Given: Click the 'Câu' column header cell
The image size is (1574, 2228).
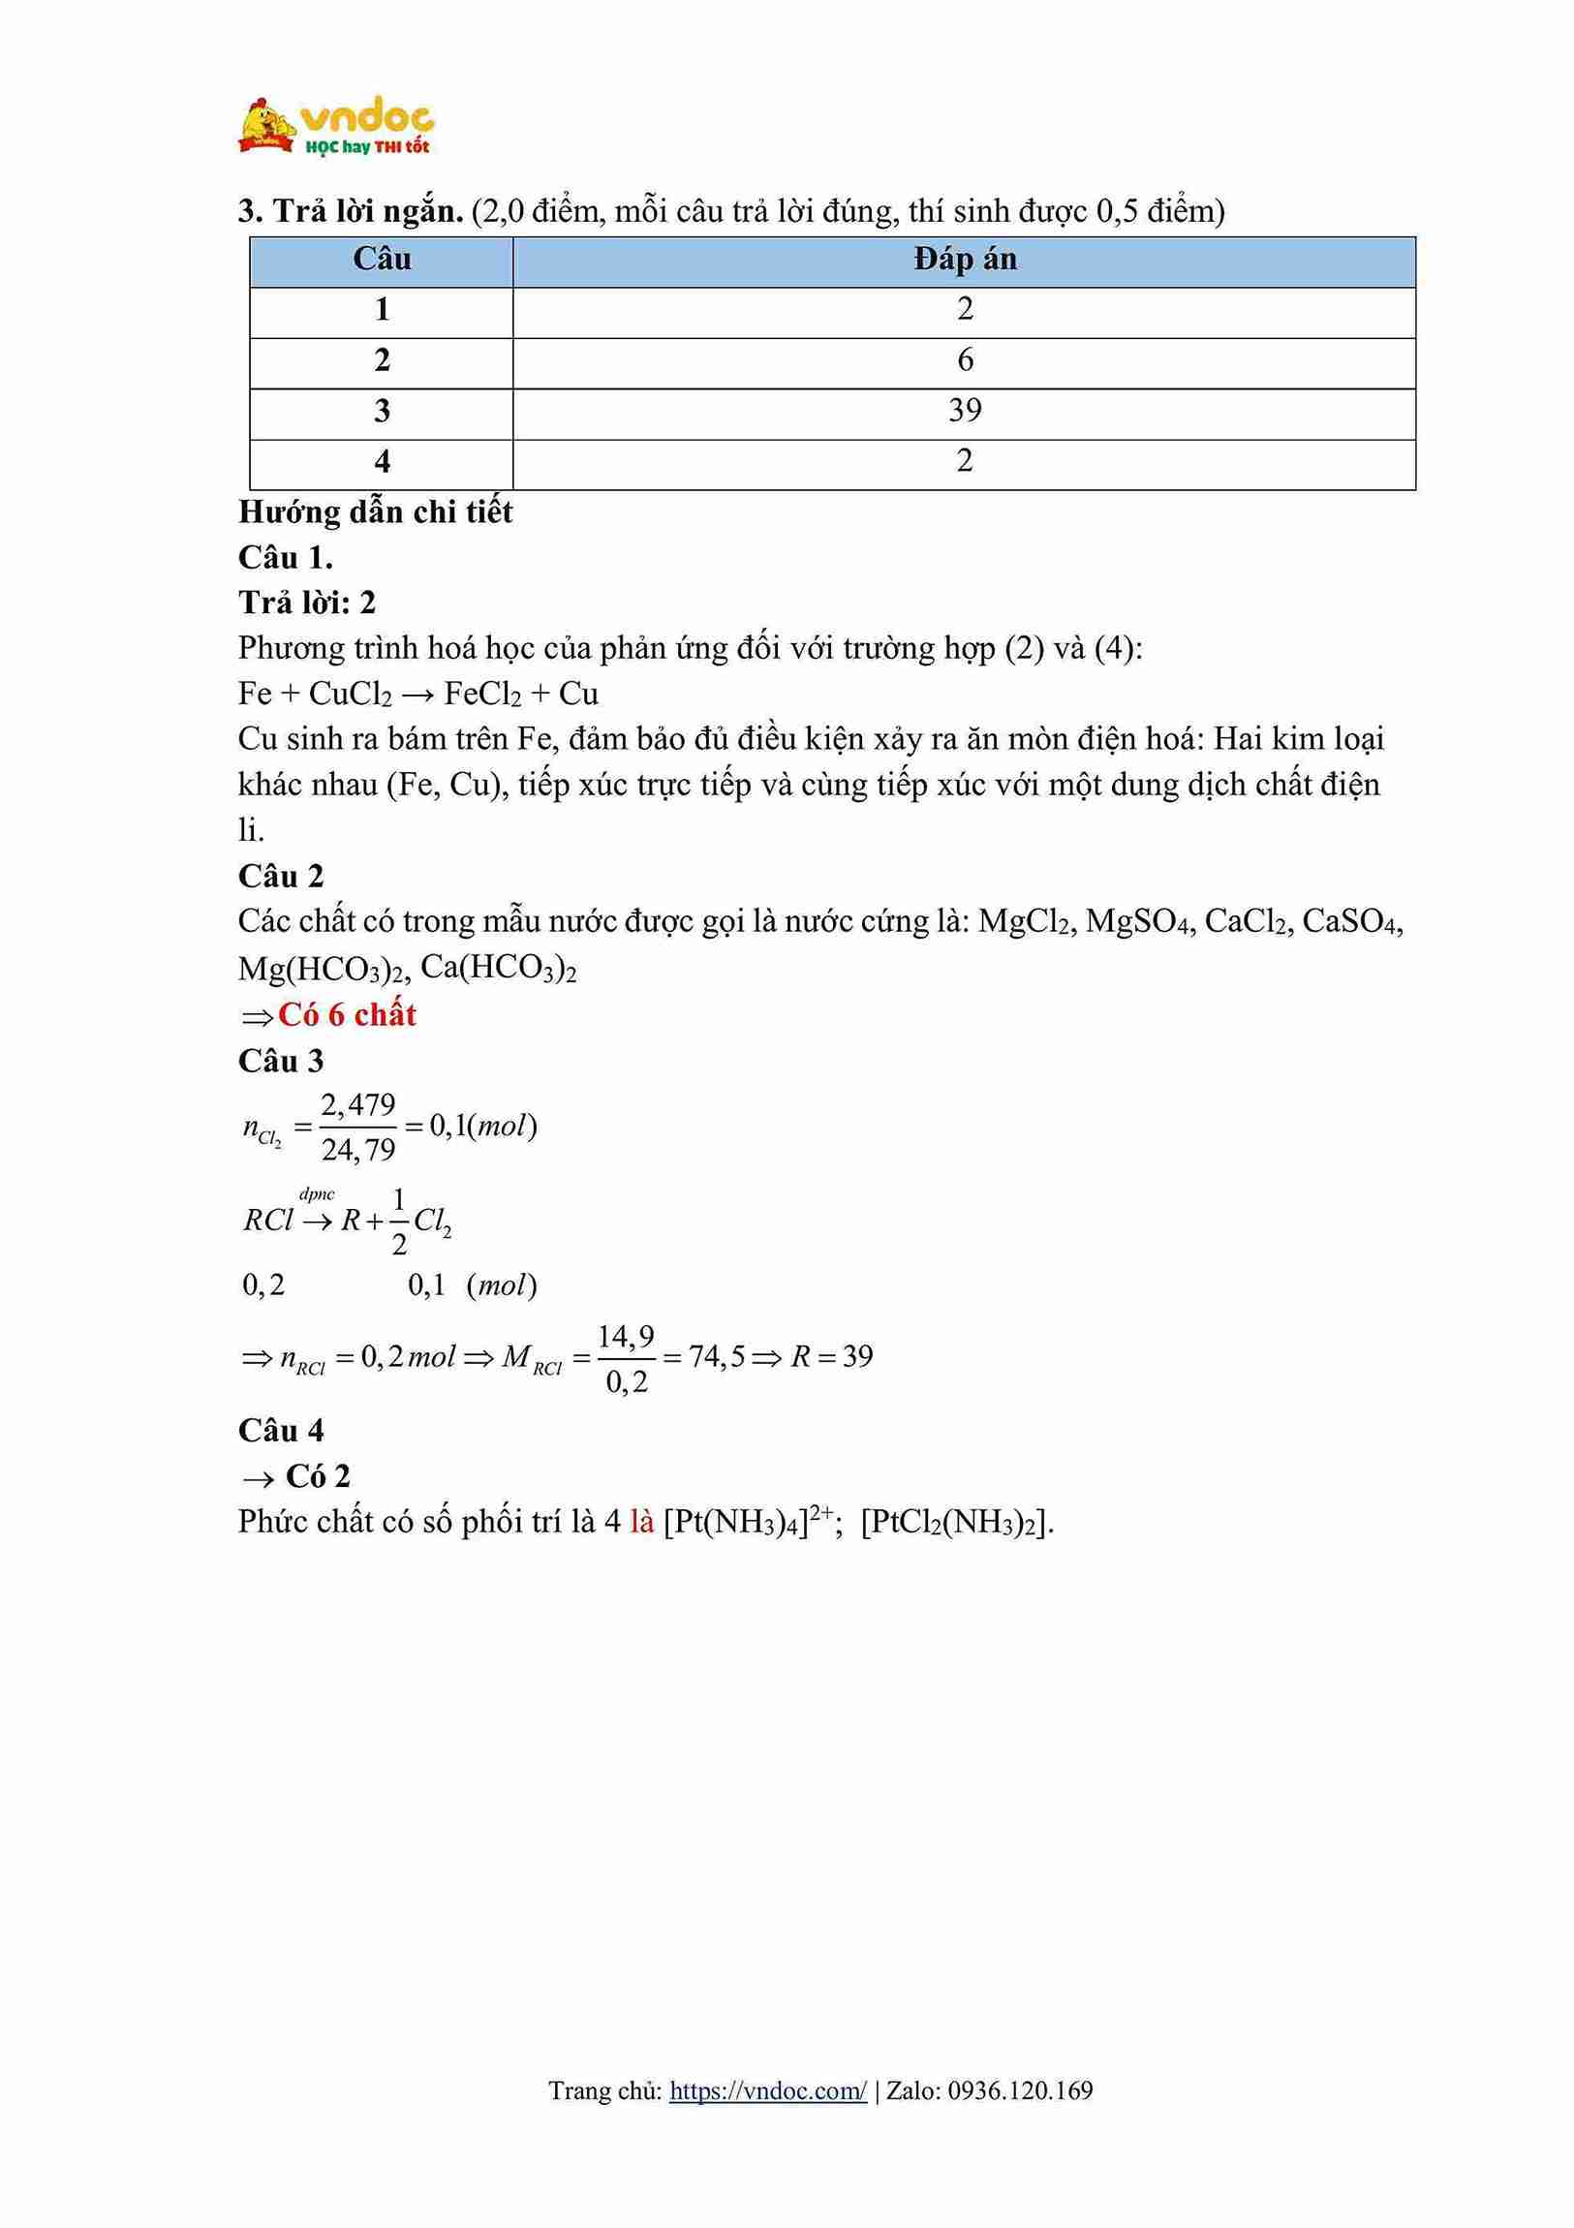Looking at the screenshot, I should tap(382, 260).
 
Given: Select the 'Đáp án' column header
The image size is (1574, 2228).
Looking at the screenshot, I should tap(964, 260).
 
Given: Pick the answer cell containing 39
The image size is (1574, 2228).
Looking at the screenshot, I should tap(964, 411).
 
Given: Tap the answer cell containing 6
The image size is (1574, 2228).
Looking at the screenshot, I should tap(964, 360).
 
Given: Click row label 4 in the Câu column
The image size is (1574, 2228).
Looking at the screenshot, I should tap(382, 461).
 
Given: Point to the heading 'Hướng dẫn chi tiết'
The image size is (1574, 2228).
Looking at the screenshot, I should tap(375, 511).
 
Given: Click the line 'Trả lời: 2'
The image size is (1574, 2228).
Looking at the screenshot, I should tap(307, 603).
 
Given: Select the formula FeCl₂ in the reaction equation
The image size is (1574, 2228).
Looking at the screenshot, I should tap(482, 694).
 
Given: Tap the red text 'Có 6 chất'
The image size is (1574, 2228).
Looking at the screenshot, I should tap(347, 1015).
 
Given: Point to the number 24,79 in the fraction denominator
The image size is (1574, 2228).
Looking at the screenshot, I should tap(358, 1151).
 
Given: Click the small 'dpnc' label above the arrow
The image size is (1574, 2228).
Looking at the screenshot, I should tap(317, 1194).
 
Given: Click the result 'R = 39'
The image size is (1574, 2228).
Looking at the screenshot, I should tap(832, 1356).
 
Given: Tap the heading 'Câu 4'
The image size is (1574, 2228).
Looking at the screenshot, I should tap(281, 1431).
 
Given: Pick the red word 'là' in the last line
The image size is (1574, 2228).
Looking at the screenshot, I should tap(641, 1522).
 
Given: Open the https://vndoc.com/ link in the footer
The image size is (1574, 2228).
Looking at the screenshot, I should tap(767, 2090).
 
